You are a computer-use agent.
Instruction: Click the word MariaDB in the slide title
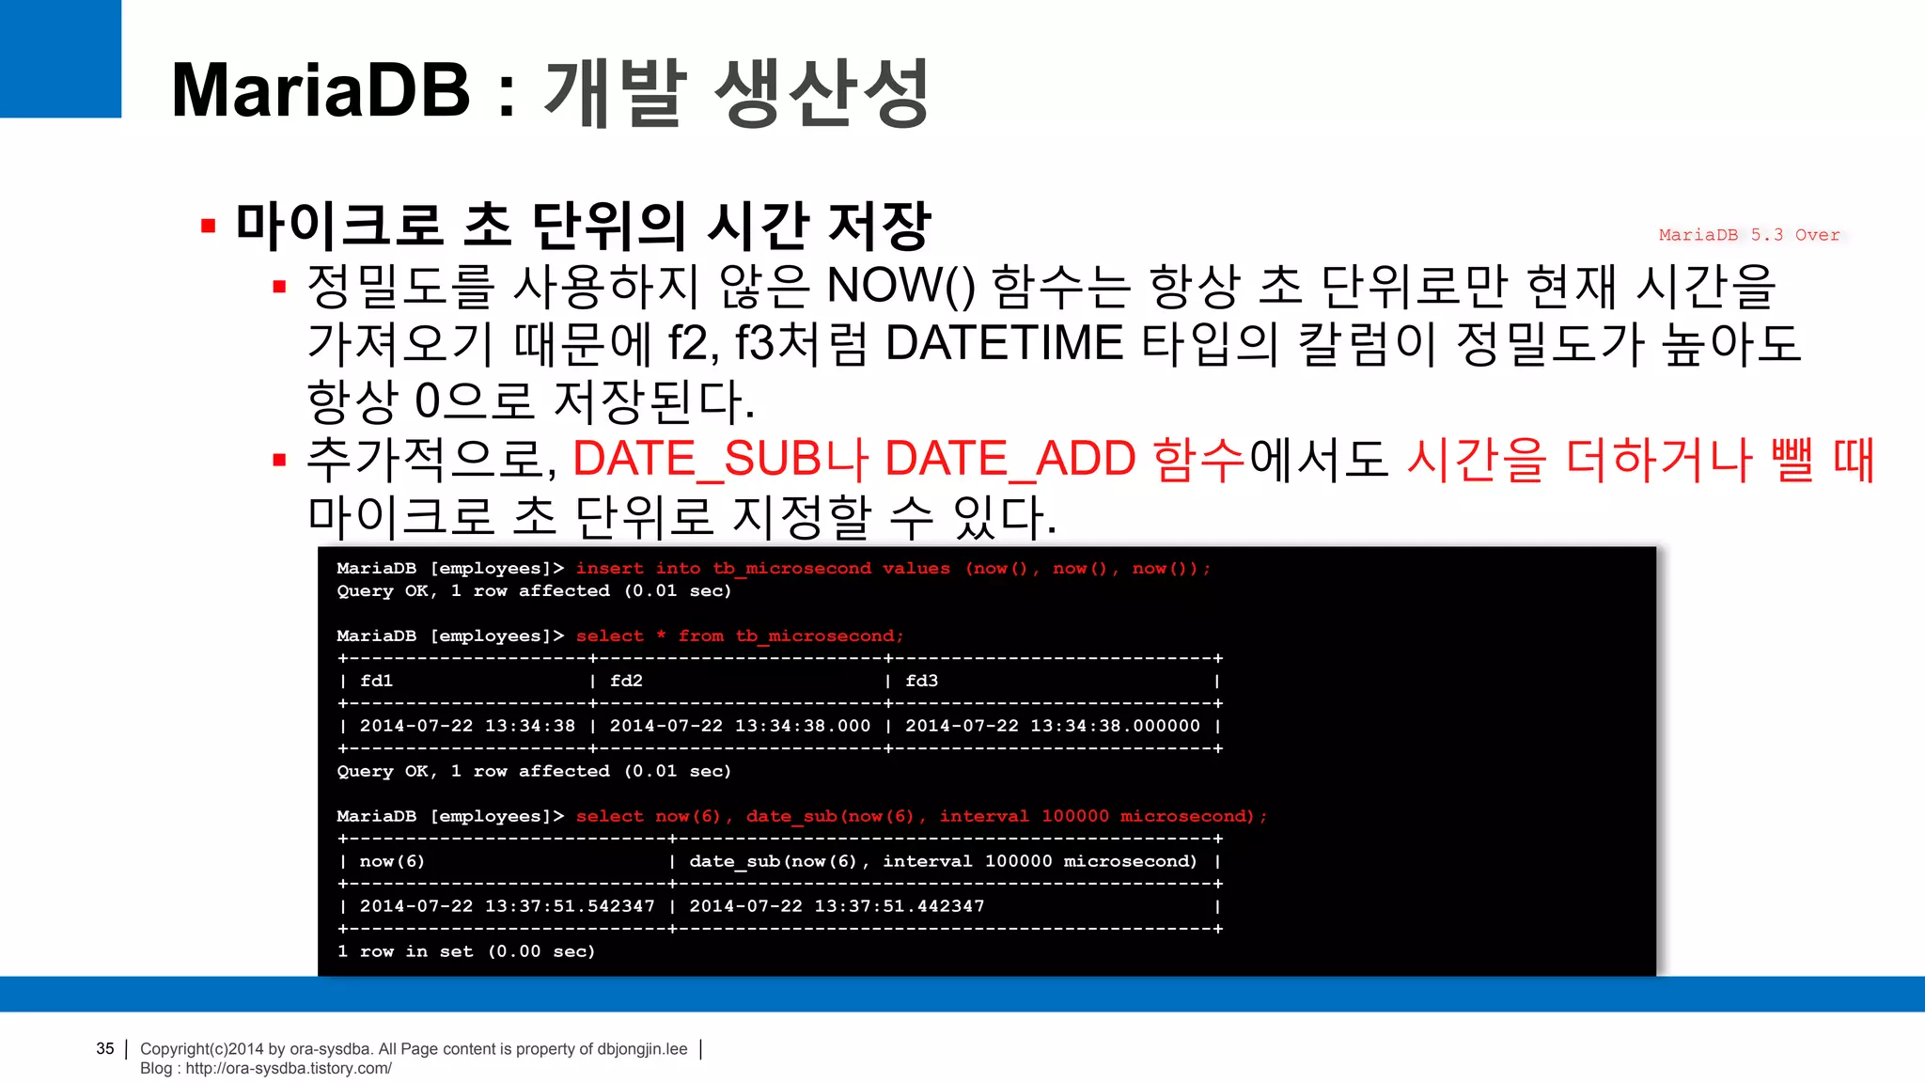(321, 91)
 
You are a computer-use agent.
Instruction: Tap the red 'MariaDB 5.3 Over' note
(1748, 235)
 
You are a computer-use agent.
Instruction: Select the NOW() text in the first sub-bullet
(901, 286)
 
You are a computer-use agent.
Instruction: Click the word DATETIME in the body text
(1004, 343)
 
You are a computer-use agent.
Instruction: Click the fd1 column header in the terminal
(376, 681)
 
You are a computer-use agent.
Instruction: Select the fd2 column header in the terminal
(626, 681)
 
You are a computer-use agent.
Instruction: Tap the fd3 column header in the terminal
(921, 681)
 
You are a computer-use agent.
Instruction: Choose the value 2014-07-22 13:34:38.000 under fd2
(740, 726)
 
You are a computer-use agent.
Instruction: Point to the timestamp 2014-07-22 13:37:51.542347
(507, 906)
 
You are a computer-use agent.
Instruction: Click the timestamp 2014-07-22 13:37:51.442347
(837, 906)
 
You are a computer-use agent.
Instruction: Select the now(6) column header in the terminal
(392, 861)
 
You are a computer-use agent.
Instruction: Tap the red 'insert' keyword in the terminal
(609, 568)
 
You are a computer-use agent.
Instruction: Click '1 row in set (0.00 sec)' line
(466, 951)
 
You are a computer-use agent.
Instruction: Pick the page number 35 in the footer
(105, 1048)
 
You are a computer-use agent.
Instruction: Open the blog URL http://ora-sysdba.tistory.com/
(289, 1068)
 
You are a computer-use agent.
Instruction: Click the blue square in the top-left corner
(60, 58)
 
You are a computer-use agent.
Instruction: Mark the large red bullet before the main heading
(209, 226)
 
